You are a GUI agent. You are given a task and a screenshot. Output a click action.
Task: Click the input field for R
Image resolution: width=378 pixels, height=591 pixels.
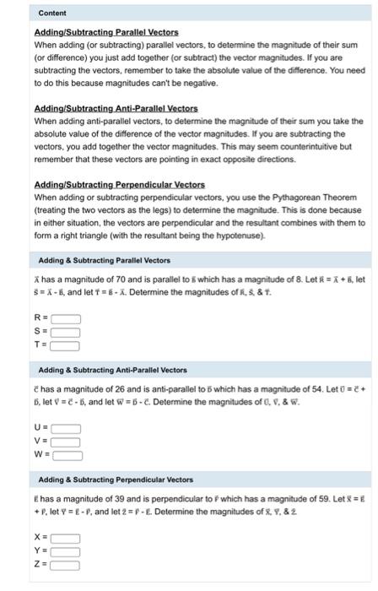[x=67, y=319]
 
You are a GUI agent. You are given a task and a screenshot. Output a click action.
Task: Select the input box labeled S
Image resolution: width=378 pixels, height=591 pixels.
[x=67, y=332]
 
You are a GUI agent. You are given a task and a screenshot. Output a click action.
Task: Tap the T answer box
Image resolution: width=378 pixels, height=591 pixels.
[x=67, y=344]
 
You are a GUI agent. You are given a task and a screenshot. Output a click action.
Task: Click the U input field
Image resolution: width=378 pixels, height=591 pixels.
[x=67, y=429]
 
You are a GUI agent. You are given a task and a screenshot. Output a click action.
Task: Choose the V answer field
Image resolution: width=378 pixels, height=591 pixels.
[x=67, y=442]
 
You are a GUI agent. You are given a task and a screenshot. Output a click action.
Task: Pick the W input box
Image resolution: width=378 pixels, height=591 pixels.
[x=69, y=455]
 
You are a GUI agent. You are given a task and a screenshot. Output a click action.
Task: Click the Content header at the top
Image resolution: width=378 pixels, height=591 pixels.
[x=51, y=14]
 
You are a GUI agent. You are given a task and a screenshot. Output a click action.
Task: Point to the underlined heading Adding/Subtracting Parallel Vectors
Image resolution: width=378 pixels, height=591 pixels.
[x=106, y=32]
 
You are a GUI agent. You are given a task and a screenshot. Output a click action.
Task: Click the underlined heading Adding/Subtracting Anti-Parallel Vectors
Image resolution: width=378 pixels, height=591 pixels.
[x=116, y=109]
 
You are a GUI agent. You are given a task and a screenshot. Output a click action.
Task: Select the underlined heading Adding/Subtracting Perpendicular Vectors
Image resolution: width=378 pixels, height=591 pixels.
[x=119, y=185]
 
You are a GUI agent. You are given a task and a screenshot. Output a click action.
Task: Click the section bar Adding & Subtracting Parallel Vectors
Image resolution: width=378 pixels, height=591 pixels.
[x=105, y=261]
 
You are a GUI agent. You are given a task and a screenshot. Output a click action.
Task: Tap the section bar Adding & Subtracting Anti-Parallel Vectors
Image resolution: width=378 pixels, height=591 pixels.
[x=114, y=370]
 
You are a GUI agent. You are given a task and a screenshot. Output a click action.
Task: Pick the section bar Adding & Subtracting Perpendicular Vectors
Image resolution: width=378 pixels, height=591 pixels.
[x=116, y=480]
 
